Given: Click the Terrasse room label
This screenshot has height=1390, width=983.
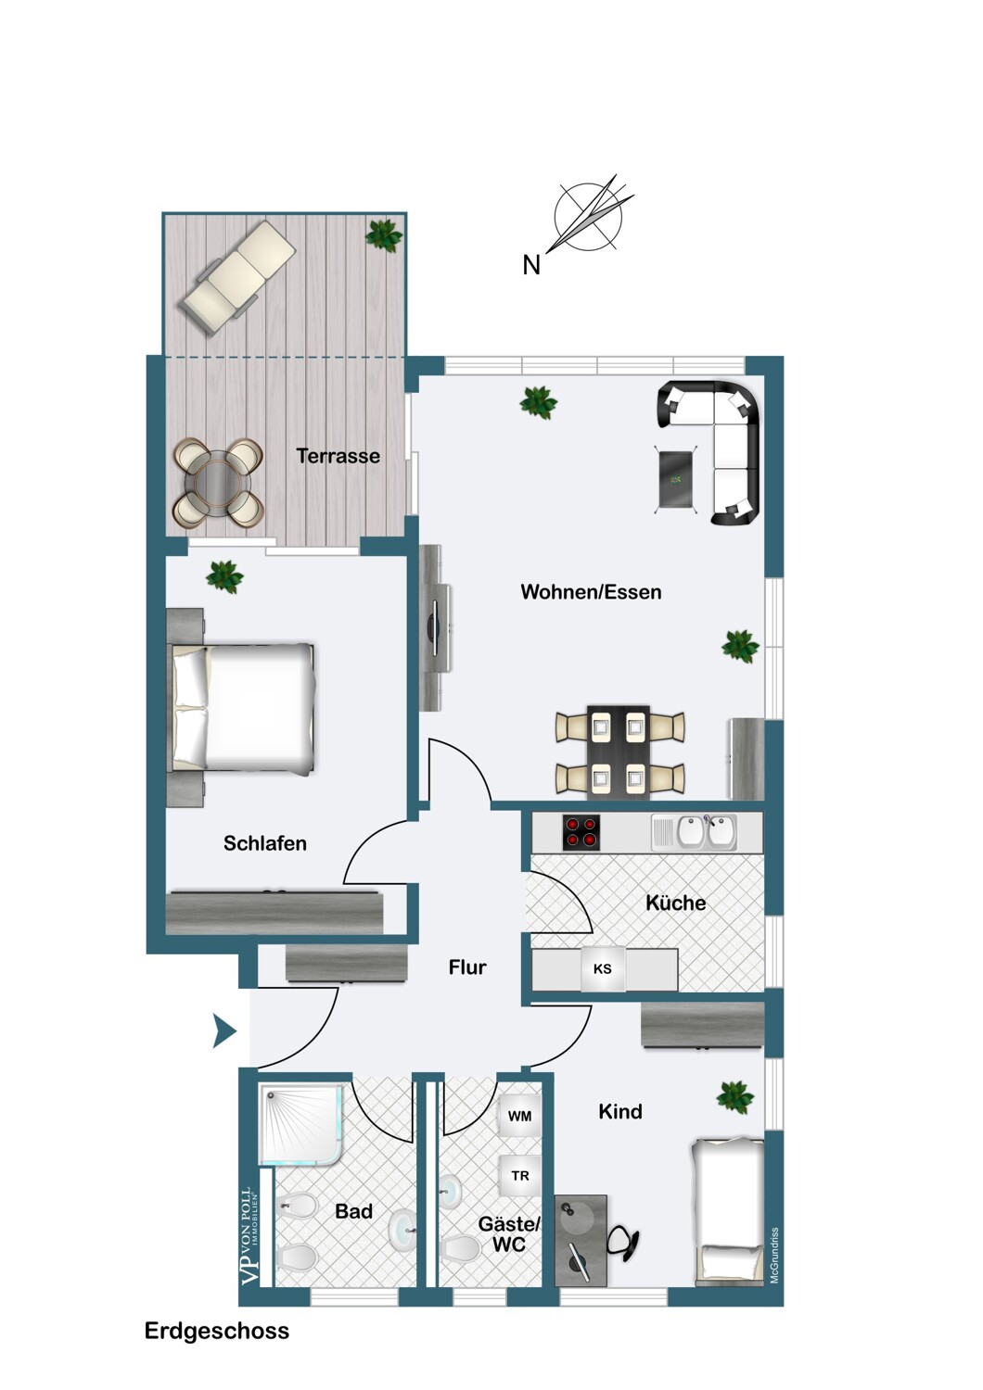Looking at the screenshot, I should point(338,456).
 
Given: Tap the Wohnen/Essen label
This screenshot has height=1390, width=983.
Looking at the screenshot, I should point(591,592).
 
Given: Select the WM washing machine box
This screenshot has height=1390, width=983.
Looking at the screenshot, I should point(519,1116).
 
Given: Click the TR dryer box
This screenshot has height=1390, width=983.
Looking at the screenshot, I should point(519,1175).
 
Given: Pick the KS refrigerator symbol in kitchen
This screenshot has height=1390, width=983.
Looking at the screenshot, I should point(602,969).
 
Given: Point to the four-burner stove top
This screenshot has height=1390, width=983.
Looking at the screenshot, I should point(581,831).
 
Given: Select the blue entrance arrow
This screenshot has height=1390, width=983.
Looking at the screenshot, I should point(223,1030).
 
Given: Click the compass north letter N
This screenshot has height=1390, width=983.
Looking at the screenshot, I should point(531,265).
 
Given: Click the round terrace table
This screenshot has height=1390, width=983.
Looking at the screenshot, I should point(216,482).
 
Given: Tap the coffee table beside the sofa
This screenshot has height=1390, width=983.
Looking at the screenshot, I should point(677,478).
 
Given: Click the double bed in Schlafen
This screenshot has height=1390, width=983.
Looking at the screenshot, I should point(243,708).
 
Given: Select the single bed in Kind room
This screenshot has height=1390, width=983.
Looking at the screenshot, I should point(729,1212).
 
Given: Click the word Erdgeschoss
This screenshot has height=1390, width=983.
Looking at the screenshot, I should point(216,1331).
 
